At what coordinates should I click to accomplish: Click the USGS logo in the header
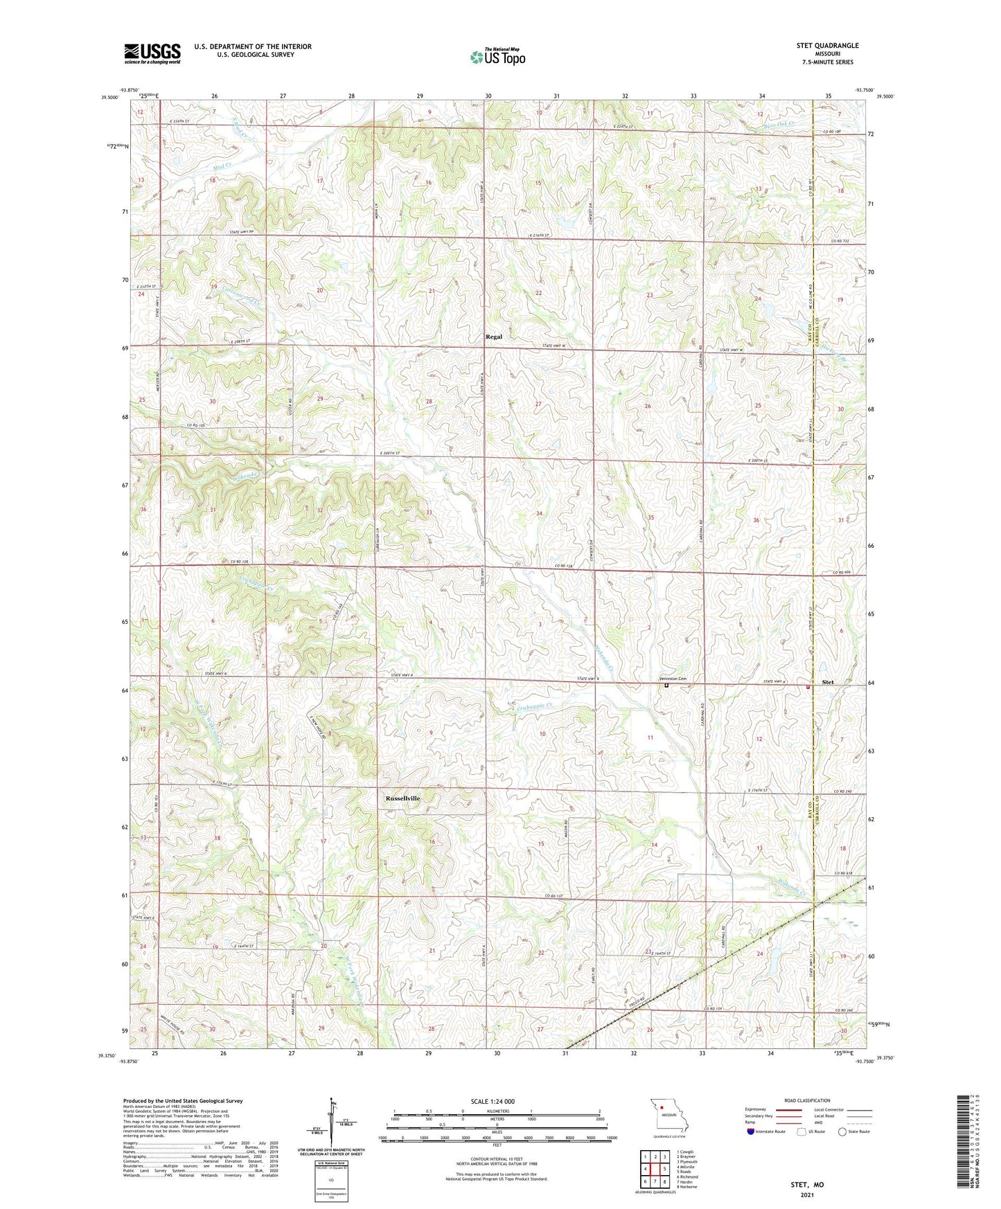pos(152,53)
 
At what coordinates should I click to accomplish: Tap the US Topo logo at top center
pos(497,57)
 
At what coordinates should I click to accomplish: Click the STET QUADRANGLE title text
pos(827,46)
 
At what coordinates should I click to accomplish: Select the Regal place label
pos(493,337)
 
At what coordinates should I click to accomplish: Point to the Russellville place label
pos(402,798)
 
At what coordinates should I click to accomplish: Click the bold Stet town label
pos(828,682)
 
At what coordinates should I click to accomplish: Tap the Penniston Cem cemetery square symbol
pos(666,686)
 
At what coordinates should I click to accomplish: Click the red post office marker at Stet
pos(808,687)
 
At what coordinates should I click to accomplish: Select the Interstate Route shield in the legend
pos(752,1132)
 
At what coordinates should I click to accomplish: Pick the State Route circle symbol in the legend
pos(842,1132)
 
